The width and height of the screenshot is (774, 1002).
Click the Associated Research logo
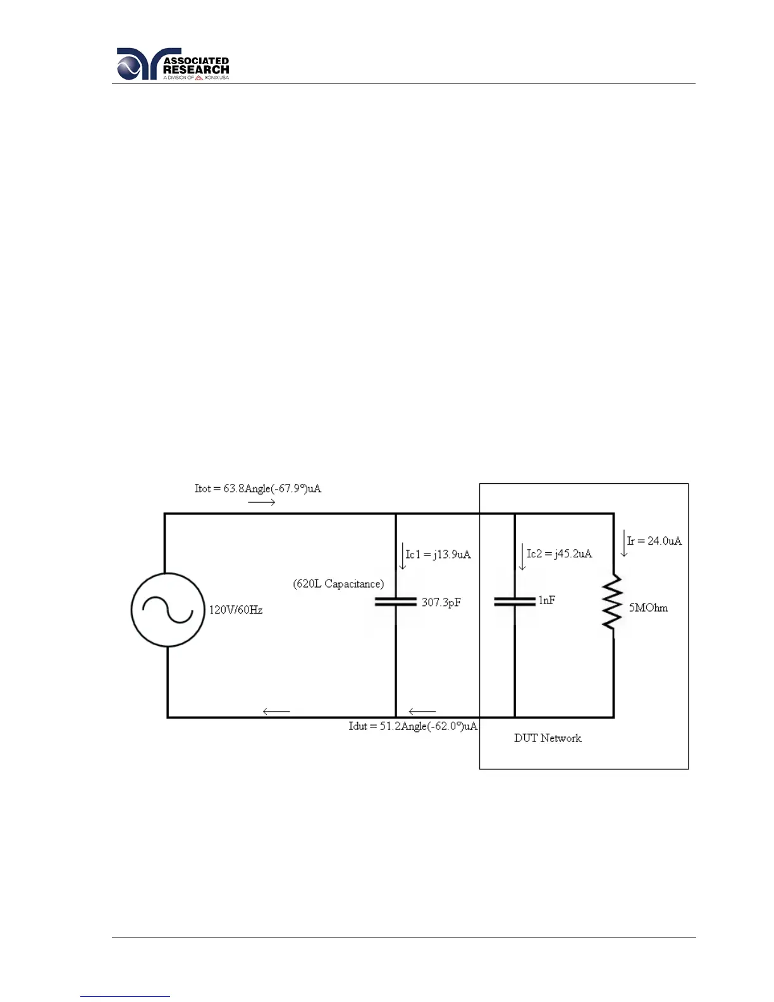[x=173, y=64]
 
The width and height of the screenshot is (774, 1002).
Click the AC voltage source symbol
[x=168, y=610]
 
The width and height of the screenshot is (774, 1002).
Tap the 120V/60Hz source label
[x=236, y=610]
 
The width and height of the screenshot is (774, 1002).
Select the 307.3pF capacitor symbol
[x=396, y=602]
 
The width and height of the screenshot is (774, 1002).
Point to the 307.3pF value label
[x=441, y=603]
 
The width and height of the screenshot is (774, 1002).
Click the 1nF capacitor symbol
[x=515, y=602]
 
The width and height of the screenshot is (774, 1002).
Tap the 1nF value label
[x=547, y=600]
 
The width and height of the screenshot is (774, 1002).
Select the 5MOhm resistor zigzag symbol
[x=613, y=602]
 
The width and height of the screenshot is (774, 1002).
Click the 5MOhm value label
[x=648, y=608]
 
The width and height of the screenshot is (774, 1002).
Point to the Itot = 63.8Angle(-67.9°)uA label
[x=258, y=488]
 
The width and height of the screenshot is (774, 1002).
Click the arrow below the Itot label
[x=262, y=502]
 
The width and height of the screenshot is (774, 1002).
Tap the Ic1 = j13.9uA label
[x=438, y=555]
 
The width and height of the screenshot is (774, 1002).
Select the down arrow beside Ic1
[x=402, y=556]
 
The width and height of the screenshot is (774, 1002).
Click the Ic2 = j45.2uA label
[x=560, y=554]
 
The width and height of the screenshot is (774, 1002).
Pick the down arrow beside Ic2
[x=522, y=557]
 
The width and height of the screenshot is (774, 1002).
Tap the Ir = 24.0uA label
[x=654, y=541]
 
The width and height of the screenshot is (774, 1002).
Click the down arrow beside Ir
[x=624, y=544]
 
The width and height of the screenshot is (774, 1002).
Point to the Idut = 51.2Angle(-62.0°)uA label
[x=413, y=726]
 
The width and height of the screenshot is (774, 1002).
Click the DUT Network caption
[x=548, y=738]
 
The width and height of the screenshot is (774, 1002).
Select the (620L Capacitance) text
[x=338, y=584]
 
